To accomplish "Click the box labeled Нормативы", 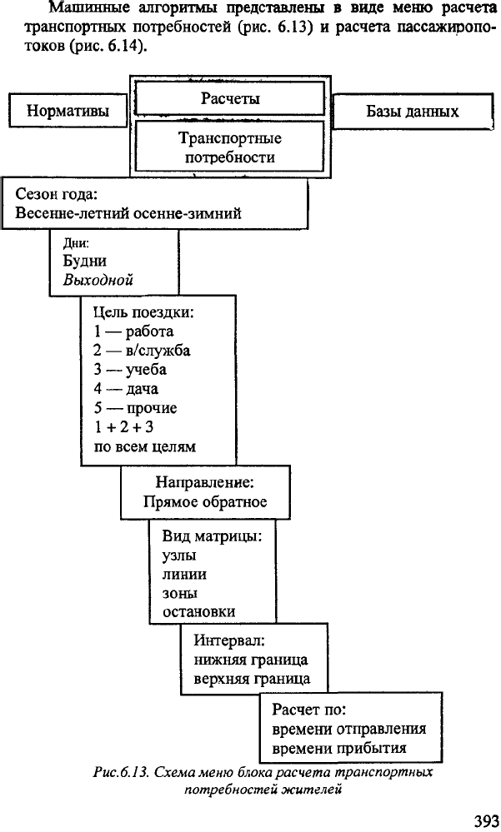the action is tap(68, 111).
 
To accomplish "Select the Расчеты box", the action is tap(230, 99).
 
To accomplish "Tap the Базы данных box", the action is tap(413, 112).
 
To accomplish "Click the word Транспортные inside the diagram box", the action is tap(230, 138).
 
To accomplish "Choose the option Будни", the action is tap(84, 261).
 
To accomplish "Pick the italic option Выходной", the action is tap(98, 280).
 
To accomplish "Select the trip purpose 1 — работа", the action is tap(133, 331).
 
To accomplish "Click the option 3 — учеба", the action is tap(130, 370).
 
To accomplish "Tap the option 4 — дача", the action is tap(126, 389).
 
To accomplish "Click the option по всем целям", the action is tap(145, 446).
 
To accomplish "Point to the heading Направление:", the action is tap(205, 482).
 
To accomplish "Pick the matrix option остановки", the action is tap(198, 612).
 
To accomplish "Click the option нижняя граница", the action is tap(251, 660).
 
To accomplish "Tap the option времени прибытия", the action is tap(339, 748).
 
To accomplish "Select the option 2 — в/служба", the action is tap(142, 351).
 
